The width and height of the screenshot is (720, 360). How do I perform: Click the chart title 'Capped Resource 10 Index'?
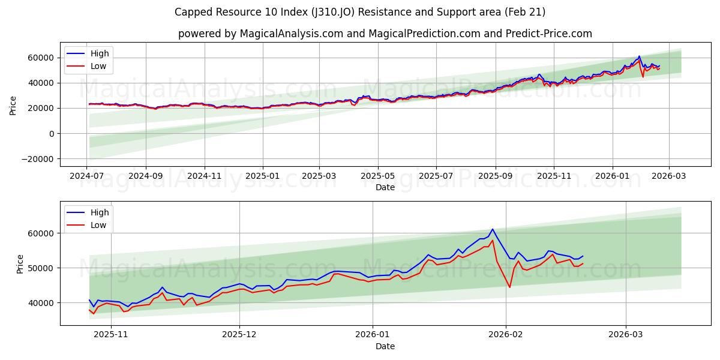coord(359,12)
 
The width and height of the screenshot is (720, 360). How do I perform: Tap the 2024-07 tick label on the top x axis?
coord(87,176)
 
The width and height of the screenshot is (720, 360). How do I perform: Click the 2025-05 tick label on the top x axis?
coord(378,176)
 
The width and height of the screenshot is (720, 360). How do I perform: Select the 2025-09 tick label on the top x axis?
coord(496,176)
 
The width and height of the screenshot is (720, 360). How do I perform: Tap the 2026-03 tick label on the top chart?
coord(669,176)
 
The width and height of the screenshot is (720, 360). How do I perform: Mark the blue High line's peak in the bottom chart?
coord(493,229)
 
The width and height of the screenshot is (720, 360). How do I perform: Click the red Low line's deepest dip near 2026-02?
coord(510,287)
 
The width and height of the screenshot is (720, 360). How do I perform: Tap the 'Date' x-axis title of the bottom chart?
coord(385,346)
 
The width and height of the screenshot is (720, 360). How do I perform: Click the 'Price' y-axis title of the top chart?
coord(13,106)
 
